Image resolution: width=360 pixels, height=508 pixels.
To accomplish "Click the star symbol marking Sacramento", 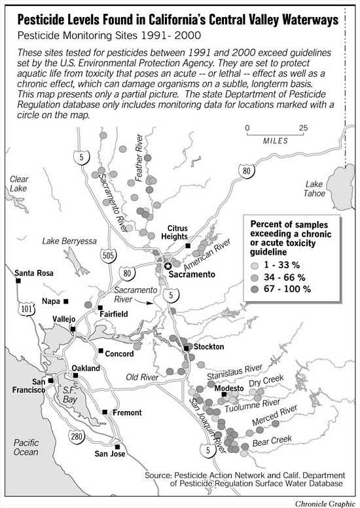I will click(x=168, y=266).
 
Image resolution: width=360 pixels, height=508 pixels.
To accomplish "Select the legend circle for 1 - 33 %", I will click(x=255, y=265).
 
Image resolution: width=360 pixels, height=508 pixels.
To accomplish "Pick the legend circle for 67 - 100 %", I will click(x=255, y=289).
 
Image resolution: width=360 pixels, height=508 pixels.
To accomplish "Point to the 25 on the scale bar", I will click(x=302, y=128).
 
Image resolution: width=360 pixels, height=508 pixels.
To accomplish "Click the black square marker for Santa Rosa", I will click(x=19, y=281).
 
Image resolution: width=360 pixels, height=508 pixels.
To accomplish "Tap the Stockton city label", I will click(x=207, y=346).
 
